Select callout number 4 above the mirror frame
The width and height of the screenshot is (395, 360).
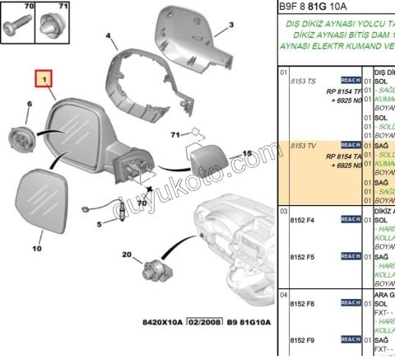pos(109,37)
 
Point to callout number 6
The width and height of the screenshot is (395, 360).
pos(30,105)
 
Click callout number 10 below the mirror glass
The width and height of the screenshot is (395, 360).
pos(36,246)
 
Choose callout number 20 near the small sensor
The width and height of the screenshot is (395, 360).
pos(127,256)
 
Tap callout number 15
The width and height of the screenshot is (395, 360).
pos(246,154)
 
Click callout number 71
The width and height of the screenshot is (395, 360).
pos(174,134)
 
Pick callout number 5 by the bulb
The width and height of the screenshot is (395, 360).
pos(100,224)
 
